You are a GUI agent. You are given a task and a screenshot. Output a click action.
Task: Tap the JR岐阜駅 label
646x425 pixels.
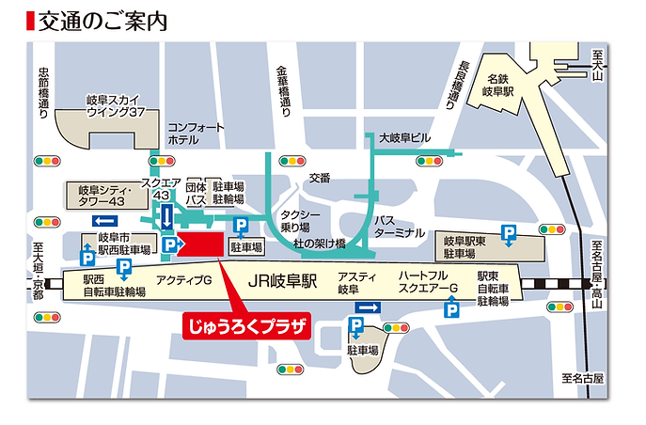pos(283,281)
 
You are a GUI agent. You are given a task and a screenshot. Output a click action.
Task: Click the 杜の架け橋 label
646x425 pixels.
pos(321,244)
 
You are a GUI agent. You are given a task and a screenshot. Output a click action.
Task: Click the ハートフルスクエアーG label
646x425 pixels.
pos(428,281)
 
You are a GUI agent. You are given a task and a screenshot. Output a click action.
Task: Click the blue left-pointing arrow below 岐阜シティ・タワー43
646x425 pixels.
pos(103,220)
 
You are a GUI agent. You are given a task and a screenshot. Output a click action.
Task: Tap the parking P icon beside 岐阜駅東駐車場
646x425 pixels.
pos(509,232)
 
